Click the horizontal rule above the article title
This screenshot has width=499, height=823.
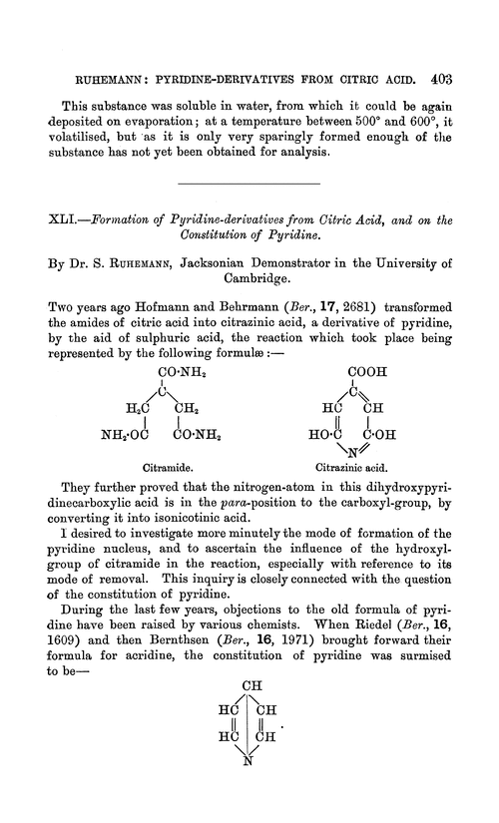[249, 185]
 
